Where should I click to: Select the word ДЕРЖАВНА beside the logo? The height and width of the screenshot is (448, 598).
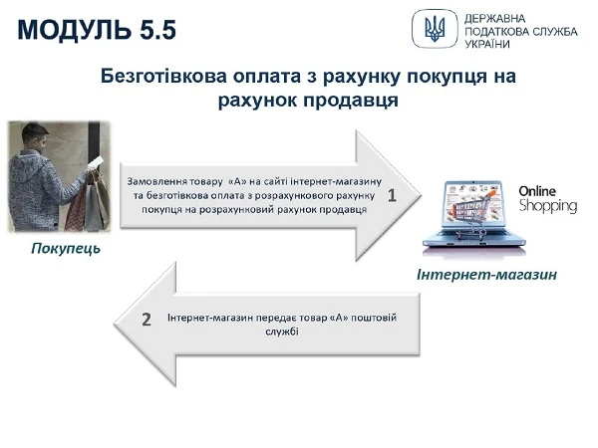tap(497, 18)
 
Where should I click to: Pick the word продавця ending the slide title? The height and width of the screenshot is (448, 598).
tap(354, 101)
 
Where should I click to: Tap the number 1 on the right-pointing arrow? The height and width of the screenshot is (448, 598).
tap(392, 196)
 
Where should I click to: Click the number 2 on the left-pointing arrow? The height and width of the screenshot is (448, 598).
tap(147, 320)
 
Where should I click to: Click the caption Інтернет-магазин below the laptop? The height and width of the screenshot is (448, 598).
tap(485, 274)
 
